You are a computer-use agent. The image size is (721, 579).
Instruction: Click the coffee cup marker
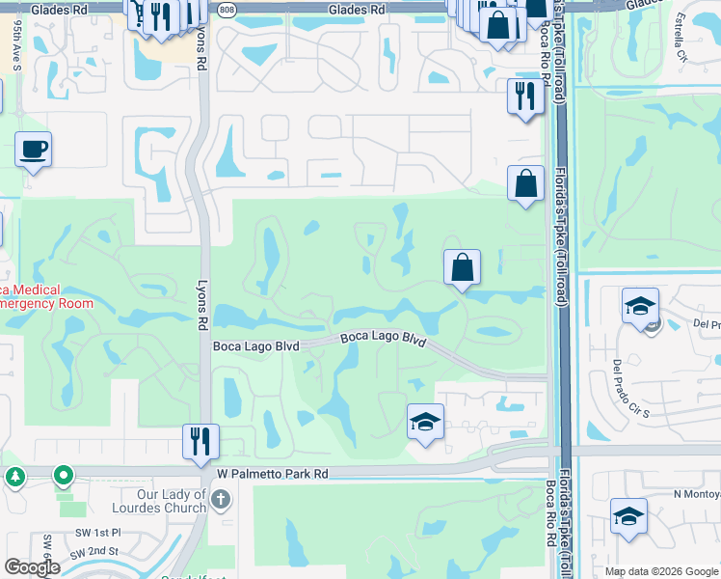pyautogui.click(x=33, y=151)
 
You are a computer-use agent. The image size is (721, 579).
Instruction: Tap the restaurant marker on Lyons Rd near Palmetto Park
pyautogui.click(x=200, y=443)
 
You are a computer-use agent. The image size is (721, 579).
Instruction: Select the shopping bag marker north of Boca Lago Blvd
pyautogui.click(x=463, y=267)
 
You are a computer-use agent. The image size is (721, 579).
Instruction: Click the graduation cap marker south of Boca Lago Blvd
pyautogui.click(x=425, y=423)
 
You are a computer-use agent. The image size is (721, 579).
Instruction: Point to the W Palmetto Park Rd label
pyautogui.click(x=273, y=474)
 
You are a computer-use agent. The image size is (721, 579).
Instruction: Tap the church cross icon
pyautogui.click(x=221, y=499)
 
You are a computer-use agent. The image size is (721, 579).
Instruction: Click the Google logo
pyautogui.click(x=32, y=567)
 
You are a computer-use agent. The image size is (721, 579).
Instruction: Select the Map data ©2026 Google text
pyautogui.click(x=661, y=571)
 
